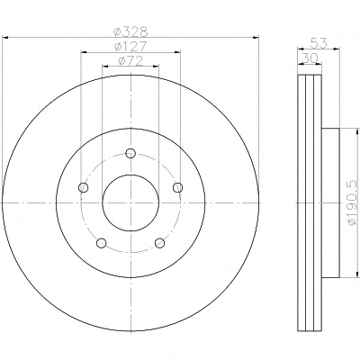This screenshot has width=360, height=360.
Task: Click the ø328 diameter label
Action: point(130,31)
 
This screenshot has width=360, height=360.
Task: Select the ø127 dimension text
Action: point(130,46)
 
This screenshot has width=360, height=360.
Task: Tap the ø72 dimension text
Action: point(130,61)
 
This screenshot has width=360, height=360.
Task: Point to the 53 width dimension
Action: point(319,43)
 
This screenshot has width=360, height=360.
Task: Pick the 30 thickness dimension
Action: point(310,58)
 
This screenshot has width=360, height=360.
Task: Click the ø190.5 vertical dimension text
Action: point(354,203)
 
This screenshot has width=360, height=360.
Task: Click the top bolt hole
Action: point(130,153)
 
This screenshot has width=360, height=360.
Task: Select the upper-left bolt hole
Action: point(83,188)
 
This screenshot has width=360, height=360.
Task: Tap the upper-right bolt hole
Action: point(178,187)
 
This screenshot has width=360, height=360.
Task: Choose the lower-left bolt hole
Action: point(102,243)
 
